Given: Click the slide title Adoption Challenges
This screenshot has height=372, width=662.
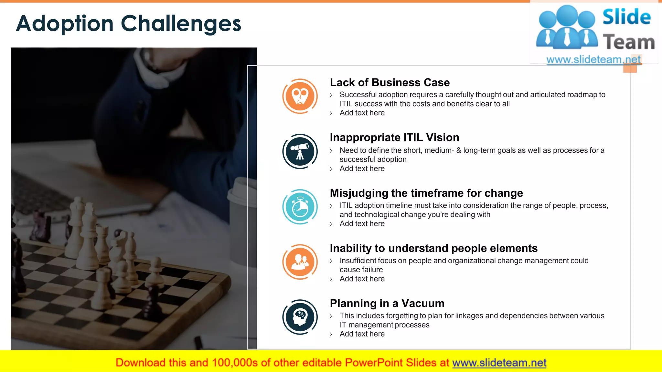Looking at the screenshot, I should pyautogui.click(x=129, y=24).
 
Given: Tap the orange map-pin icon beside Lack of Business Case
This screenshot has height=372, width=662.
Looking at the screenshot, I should pyautogui.click(x=300, y=96).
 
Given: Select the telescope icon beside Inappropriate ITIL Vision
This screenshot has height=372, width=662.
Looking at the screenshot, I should pyautogui.click(x=300, y=151).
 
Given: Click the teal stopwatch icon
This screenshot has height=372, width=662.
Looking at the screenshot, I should pyautogui.click(x=300, y=207).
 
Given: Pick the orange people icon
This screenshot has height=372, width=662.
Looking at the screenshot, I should pyautogui.click(x=300, y=262).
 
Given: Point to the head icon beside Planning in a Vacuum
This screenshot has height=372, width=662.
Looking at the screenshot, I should pyautogui.click(x=300, y=317).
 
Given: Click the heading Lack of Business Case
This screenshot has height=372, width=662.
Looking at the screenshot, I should pyautogui.click(x=390, y=83).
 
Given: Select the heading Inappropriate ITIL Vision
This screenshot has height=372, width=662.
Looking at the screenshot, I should pyautogui.click(x=394, y=138).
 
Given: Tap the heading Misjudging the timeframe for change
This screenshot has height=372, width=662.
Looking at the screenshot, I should pyautogui.click(x=426, y=193).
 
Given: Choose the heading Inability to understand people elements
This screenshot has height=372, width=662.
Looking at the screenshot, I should pyautogui.click(x=433, y=248).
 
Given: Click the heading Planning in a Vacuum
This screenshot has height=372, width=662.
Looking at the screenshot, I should pyautogui.click(x=387, y=304).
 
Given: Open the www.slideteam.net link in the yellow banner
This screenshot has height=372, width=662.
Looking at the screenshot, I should pyautogui.click(x=499, y=363).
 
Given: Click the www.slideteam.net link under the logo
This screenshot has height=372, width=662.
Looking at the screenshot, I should pyautogui.click(x=593, y=60).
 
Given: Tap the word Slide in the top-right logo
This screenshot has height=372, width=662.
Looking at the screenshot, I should pyautogui.click(x=626, y=17).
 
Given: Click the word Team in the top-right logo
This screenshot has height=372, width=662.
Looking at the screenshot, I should pyautogui.click(x=629, y=42).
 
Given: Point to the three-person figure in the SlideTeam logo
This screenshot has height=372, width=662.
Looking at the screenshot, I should pyautogui.click(x=567, y=27).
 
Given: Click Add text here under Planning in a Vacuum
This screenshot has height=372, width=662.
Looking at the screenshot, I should pyautogui.click(x=362, y=334).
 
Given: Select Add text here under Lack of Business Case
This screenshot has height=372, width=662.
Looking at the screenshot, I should pyautogui.click(x=362, y=113).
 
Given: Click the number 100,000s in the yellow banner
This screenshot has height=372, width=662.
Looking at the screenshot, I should pyautogui.click(x=235, y=363).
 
